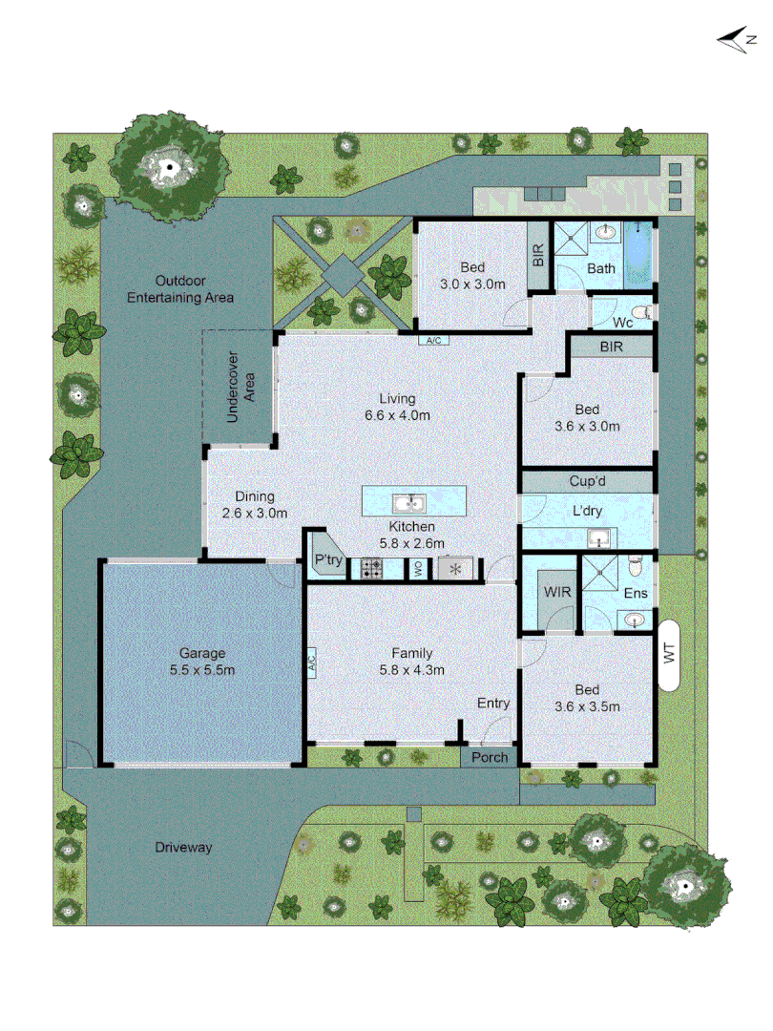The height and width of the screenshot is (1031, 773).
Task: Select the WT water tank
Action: tap(669, 655)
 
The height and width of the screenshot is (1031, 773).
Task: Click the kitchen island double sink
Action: tap(414, 502)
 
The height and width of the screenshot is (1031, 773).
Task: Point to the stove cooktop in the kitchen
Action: tap(369, 570)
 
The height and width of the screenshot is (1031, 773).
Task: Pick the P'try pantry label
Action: tap(327, 561)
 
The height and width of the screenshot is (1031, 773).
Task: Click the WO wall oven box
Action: tap(418, 570)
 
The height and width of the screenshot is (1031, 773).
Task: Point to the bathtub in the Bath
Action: tap(638, 253)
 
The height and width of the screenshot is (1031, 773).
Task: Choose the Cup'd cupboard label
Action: tap(588, 481)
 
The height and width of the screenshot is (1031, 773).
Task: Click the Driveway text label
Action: tap(183, 847)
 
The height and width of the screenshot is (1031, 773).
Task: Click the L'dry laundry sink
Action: tap(597, 537)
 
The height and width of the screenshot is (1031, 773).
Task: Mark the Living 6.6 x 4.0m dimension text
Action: tap(397, 415)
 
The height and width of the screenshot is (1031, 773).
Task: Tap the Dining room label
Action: tap(255, 496)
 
